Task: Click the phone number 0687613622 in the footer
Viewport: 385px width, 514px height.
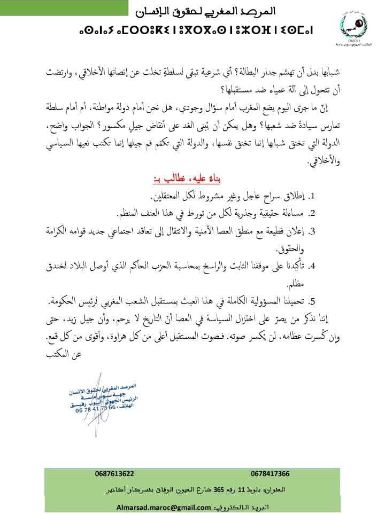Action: (x=114, y=473)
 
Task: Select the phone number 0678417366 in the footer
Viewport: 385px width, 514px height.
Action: (x=269, y=473)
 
